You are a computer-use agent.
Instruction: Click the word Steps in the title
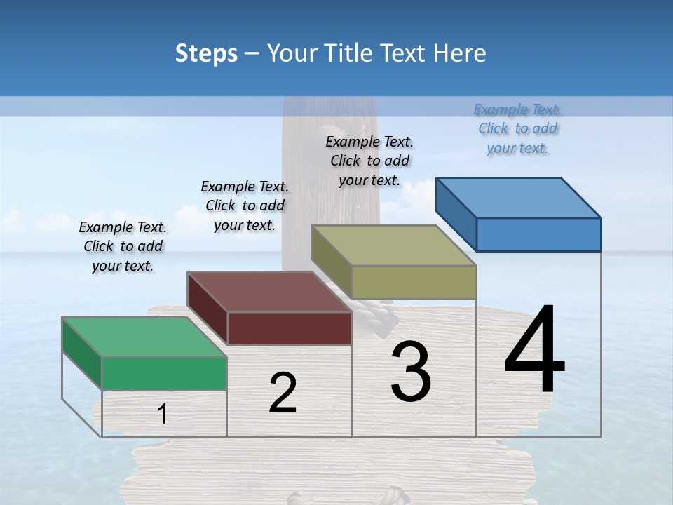[206, 53]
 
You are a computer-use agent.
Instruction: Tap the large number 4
[534, 351]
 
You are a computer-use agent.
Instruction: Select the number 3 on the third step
[411, 372]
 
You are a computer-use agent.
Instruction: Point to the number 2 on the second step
[283, 393]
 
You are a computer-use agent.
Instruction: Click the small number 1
[163, 414]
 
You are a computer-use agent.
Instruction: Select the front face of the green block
[164, 373]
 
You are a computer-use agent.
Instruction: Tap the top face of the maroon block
[268, 292]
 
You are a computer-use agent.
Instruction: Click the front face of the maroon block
[289, 328]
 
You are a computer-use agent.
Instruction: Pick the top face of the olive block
[393, 245]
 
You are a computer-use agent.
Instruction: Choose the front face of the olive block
[414, 282]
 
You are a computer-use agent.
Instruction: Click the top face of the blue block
[517, 198]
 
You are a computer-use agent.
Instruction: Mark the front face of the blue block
[538, 234]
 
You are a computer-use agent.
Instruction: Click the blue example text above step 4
[517, 129]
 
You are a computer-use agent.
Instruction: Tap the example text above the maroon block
[245, 206]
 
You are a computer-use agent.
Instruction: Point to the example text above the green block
[123, 247]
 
